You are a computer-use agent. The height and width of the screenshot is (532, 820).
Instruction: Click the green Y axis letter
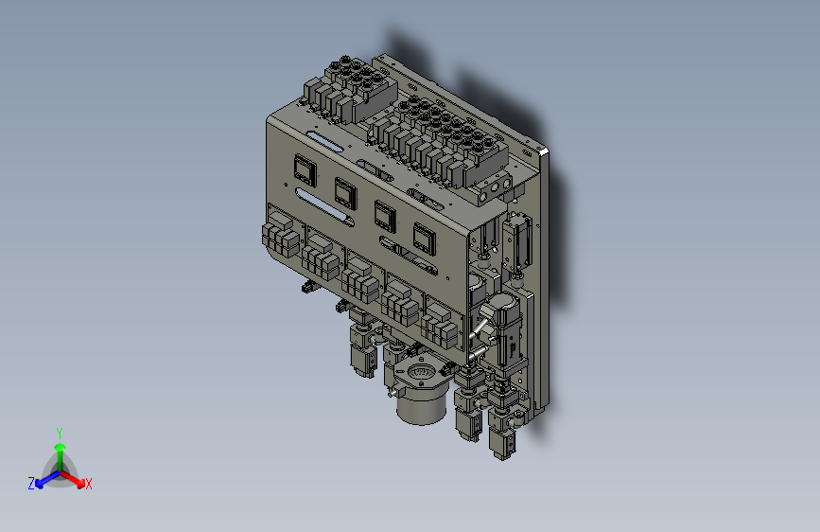tap(60, 434)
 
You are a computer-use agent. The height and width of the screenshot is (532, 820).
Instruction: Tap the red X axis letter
tap(88, 484)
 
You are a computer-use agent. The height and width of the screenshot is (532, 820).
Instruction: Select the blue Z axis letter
tap(31, 484)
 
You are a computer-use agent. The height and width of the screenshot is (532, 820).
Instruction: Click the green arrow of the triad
tap(61, 456)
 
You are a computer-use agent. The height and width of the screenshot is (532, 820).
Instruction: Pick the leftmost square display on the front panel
tap(305, 169)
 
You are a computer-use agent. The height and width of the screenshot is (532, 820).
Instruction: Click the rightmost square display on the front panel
tap(424, 239)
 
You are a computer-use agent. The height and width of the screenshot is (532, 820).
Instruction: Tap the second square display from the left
tap(345, 193)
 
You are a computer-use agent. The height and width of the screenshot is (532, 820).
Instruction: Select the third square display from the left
tap(385, 216)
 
